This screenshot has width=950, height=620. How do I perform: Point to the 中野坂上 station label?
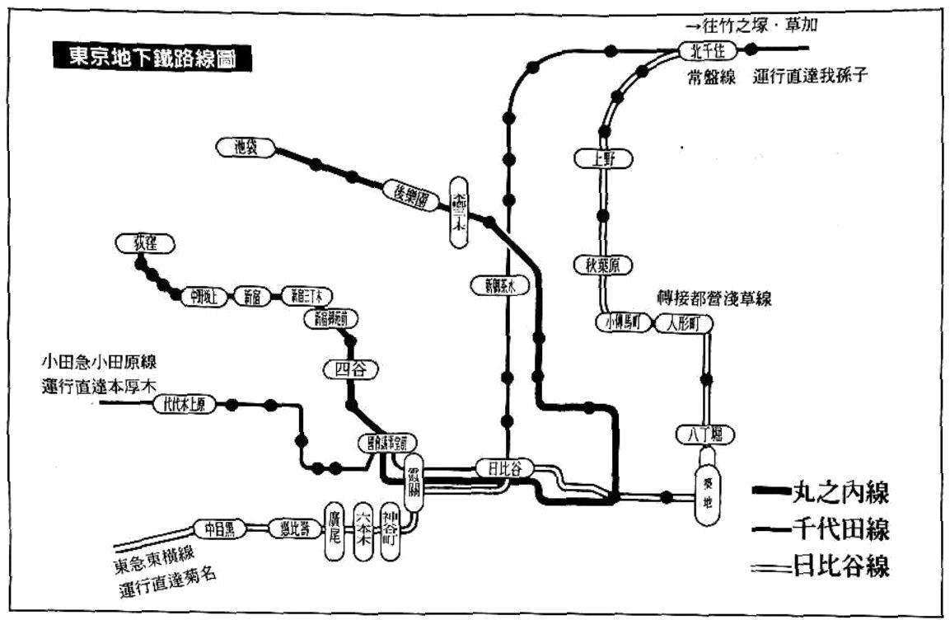tap(203, 296)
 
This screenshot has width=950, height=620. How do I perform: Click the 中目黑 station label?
tap(219, 528)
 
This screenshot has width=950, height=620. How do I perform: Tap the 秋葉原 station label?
tap(602, 265)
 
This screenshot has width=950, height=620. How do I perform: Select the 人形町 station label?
tap(681, 323)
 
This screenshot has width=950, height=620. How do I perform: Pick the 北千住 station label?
tap(706, 51)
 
